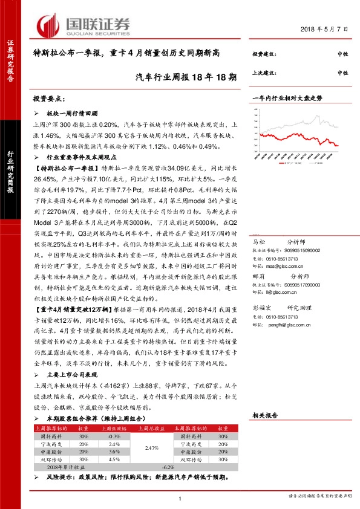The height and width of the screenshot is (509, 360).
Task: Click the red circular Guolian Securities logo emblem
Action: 47,25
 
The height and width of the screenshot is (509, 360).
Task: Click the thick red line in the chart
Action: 315,136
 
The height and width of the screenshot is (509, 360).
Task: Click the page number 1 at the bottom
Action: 180,498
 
